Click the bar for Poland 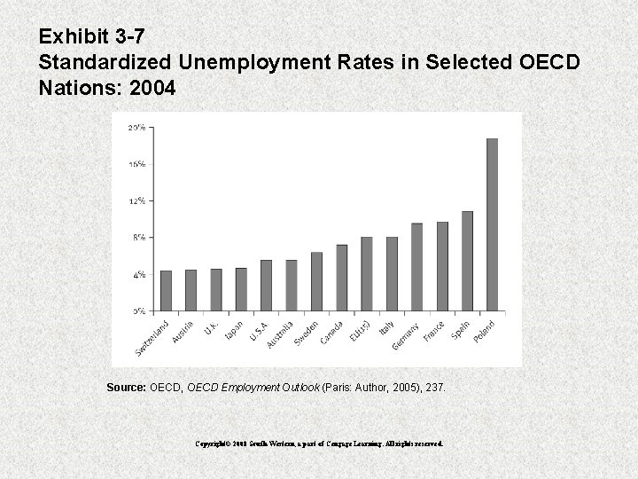pos(493,224)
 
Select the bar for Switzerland pos(166,291)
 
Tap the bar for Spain pos(468,261)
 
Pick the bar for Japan pos(241,289)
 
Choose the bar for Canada pos(342,278)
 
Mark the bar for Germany pos(417,267)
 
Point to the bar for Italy pos(393,274)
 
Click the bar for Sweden pos(317,282)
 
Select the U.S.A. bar pos(266,286)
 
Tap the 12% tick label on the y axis pos(137,200)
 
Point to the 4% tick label pos(139,275)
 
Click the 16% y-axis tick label pos(137,164)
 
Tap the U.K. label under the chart pos(211,327)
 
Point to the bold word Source pos(127,388)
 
